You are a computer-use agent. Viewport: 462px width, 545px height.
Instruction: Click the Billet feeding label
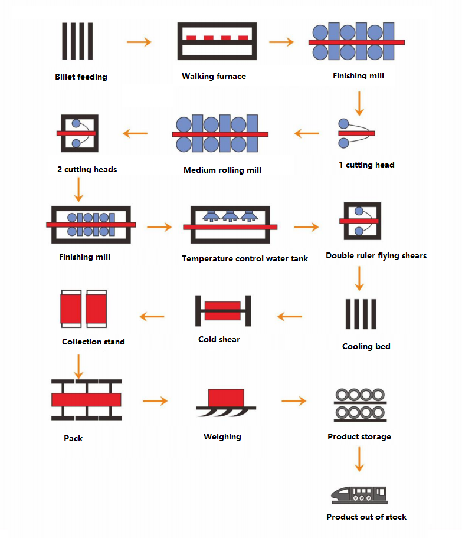coord(81,77)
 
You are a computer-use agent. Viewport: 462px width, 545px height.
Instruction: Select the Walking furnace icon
coord(217,41)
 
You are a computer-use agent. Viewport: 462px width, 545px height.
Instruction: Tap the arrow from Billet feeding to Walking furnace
coord(139,42)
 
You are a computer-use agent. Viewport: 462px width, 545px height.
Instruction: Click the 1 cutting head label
coord(366,165)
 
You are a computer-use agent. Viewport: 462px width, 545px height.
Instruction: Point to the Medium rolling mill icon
coord(220,134)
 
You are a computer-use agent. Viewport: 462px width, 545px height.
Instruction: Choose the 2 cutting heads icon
coord(77,133)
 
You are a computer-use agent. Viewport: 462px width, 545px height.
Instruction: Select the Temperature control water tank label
coord(244,258)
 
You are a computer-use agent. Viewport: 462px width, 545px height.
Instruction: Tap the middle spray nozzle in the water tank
coord(228,216)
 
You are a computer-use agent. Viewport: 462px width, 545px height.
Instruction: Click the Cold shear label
coord(219,339)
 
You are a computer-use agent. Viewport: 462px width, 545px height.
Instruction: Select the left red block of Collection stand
coord(71,310)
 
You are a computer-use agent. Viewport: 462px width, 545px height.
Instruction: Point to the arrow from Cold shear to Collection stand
coord(152,317)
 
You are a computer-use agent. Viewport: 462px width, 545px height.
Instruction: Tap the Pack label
coord(73,438)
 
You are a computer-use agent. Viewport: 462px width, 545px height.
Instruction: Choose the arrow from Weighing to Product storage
coord(293,401)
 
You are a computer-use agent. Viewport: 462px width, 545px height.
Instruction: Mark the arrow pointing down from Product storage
coord(359,459)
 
